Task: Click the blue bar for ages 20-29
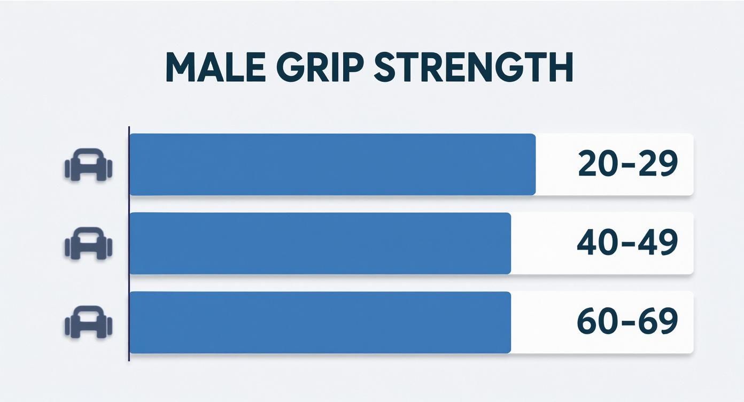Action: pyautogui.click(x=332, y=165)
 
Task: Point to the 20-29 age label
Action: pyautogui.click(x=628, y=164)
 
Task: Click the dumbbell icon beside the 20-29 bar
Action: pyautogui.click(x=88, y=164)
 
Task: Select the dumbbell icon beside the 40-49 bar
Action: pyautogui.click(x=88, y=243)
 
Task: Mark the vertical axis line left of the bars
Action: pyautogui.click(x=129, y=243)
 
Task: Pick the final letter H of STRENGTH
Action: pyautogui.click(x=560, y=68)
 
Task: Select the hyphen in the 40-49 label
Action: pyautogui.click(x=627, y=243)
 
